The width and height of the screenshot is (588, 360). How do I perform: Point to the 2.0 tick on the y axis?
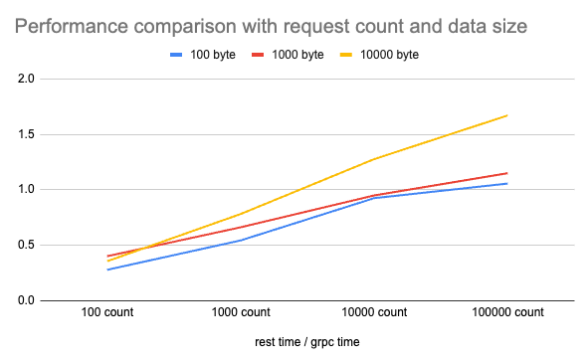pos(26,79)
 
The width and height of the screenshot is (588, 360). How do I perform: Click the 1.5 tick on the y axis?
pos(26,134)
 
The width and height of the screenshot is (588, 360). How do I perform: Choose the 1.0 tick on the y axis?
pos(26,189)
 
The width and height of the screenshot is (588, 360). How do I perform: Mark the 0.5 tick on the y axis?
pos(26,245)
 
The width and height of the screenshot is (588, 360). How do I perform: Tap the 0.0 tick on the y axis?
pos(26,300)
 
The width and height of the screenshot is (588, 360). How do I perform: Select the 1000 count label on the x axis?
pos(240,312)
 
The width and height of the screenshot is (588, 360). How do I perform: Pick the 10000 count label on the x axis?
pos(373,312)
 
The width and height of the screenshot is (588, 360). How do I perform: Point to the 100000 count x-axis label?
pos(507,312)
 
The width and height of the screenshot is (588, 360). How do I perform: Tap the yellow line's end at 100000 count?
pos(507,115)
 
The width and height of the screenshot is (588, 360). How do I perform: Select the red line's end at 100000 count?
pos(507,173)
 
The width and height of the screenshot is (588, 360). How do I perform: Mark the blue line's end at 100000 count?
pos(507,183)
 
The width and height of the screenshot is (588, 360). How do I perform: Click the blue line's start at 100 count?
pos(106,270)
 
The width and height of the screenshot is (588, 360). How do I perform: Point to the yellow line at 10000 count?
pos(373,159)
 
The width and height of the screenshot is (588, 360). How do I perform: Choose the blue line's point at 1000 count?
pos(240,240)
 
